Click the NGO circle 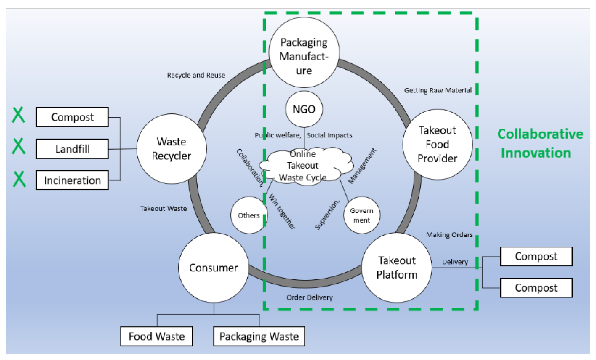(304, 109)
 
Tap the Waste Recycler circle (172, 149)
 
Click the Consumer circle (213, 268)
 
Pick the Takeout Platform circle (397, 268)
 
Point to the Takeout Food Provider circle (437, 144)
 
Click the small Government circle (361, 215)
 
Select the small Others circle (249, 215)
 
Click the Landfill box (72, 149)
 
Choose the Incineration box (72, 180)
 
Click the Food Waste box (156, 336)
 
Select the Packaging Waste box (259, 336)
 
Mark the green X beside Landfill (19, 146)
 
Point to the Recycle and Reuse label (196, 75)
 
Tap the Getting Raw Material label (438, 91)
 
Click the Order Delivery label (309, 297)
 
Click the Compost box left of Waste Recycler (72, 117)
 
